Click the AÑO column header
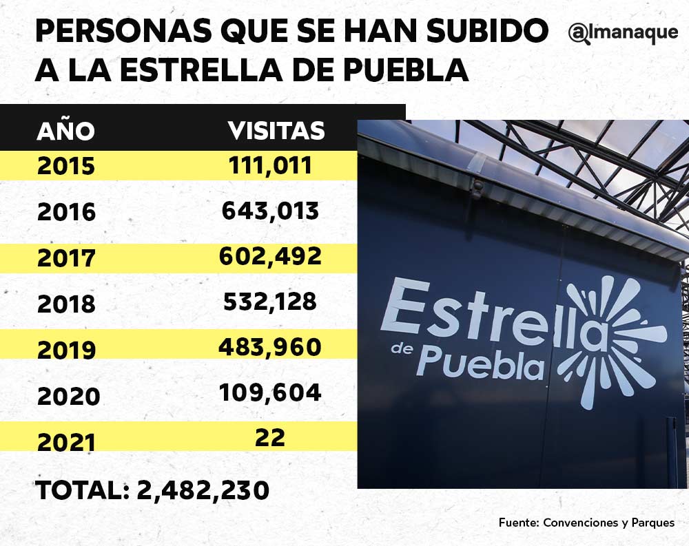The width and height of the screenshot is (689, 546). [65, 131]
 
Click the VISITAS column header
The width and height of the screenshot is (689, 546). [276, 130]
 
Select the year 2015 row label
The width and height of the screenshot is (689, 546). [65, 167]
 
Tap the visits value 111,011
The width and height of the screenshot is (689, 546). [270, 165]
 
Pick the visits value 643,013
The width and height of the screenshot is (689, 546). [270, 211]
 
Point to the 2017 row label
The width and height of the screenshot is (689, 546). [66, 258]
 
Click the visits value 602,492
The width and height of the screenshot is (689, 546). [270, 256]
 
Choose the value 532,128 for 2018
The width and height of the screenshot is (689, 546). [270, 302]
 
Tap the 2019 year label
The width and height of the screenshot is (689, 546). [66, 350]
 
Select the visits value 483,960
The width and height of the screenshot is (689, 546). [270, 347]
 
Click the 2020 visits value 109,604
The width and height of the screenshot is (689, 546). [270, 392]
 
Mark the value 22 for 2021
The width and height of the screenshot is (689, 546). [270, 438]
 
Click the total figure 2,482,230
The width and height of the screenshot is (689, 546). [203, 490]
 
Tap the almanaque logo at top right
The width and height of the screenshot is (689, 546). [624, 34]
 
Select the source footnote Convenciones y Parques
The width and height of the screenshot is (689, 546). [609, 523]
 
